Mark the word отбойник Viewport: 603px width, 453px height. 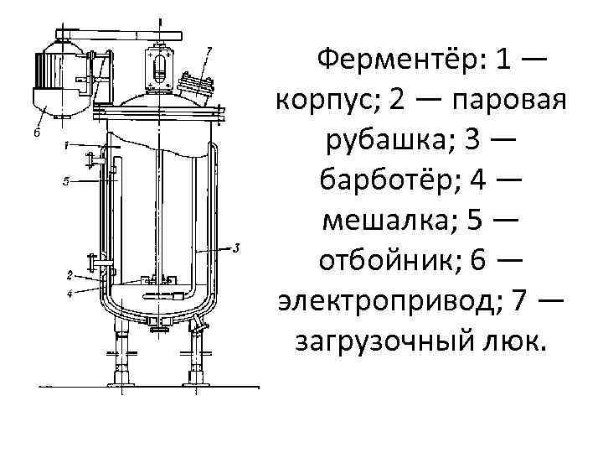coord(387,260)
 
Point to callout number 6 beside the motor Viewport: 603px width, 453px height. coord(38,133)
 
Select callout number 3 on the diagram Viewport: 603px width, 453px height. coord(237,247)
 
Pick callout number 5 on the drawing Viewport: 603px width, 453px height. coord(65,180)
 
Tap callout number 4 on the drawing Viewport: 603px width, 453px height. coord(68,293)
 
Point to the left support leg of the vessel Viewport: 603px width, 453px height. coord(122,352)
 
